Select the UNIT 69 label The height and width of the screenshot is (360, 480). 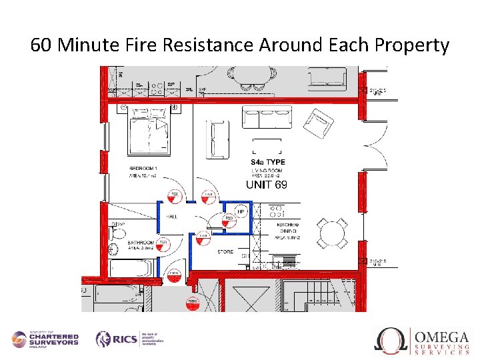pos(267,184)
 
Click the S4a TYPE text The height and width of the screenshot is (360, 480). pos(267,162)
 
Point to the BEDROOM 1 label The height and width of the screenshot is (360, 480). pos(144,168)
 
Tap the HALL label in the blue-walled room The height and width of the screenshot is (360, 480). pos(171,216)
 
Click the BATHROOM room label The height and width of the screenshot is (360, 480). pos(141,243)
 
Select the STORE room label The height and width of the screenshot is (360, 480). pos(225,251)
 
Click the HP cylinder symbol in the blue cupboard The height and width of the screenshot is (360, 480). pos(240,212)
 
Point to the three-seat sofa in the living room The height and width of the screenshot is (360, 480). pos(267,117)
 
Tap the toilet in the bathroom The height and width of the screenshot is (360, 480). pos(117,232)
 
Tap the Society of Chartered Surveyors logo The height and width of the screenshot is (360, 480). pos(45,339)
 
